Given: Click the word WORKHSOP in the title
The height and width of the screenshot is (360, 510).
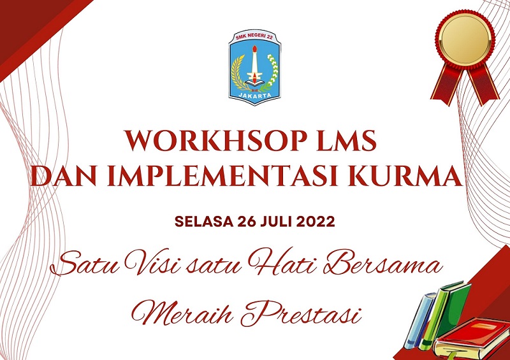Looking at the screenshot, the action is pyautogui.click(x=216, y=141).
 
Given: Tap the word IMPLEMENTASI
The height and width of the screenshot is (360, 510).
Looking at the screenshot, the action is pyautogui.click(x=222, y=176).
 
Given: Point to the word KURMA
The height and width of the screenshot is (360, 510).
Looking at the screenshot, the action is pyautogui.click(x=405, y=176).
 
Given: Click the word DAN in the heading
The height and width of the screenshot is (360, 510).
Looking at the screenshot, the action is pyautogui.click(x=64, y=176).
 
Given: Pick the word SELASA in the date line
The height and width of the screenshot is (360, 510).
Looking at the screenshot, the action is pyautogui.click(x=204, y=222).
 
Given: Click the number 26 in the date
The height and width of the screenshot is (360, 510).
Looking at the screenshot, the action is pyautogui.click(x=247, y=222).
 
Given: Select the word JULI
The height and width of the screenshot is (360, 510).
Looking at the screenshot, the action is pyautogui.click(x=277, y=222).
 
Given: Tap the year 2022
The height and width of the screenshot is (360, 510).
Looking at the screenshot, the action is pyautogui.click(x=316, y=222).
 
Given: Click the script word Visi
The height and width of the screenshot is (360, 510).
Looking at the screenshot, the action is pyautogui.click(x=153, y=262).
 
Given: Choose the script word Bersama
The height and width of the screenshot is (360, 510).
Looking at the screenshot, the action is pyautogui.click(x=384, y=262).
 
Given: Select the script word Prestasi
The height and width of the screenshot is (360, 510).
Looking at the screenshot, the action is pyautogui.click(x=301, y=313).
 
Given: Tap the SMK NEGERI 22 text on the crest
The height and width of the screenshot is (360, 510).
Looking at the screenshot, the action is pyautogui.click(x=254, y=37).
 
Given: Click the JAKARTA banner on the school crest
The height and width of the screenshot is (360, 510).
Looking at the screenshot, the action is pyautogui.click(x=254, y=95).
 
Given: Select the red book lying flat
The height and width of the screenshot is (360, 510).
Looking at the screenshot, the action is pyautogui.click(x=472, y=338).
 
